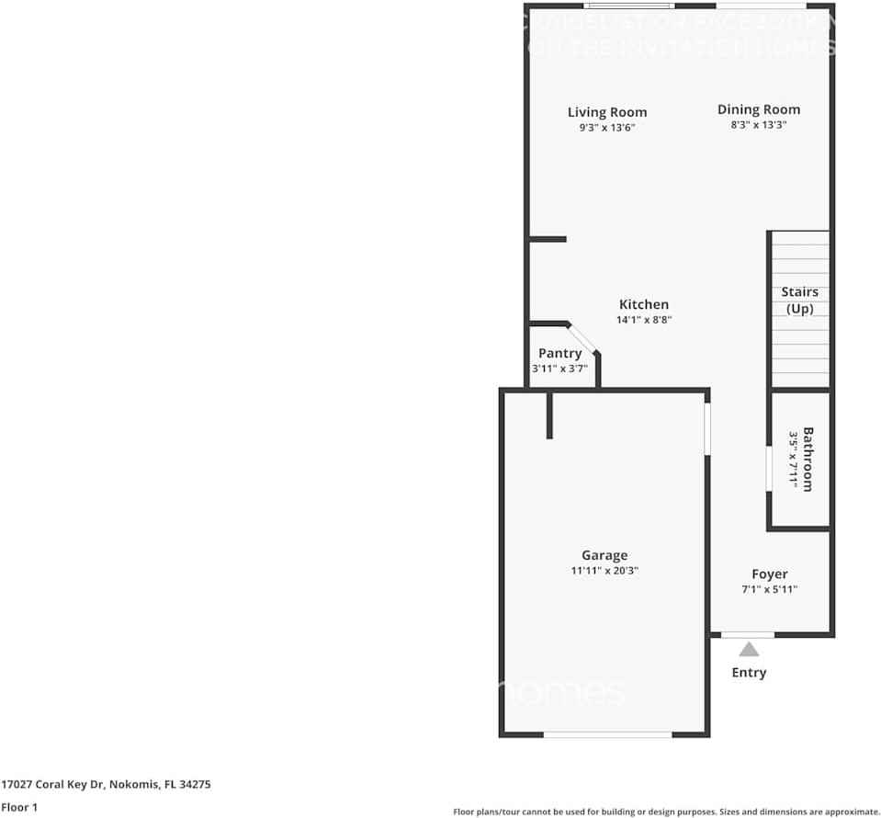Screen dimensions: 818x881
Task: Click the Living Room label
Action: pyautogui.click(x=606, y=113)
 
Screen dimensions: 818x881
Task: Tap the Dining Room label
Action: pyautogui.click(x=758, y=109)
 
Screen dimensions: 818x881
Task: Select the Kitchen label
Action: pyautogui.click(x=643, y=304)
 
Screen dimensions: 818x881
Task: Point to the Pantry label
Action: pyautogui.click(x=559, y=353)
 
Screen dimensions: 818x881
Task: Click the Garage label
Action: pyautogui.click(x=604, y=555)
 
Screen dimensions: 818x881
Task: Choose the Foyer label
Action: pyautogui.click(x=769, y=574)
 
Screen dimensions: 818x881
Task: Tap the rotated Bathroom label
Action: pyautogui.click(x=808, y=459)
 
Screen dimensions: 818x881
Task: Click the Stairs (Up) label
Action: pyautogui.click(x=799, y=301)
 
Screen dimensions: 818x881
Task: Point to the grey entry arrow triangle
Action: pyautogui.click(x=749, y=650)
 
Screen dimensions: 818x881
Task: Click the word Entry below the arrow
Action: pyautogui.click(x=749, y=673)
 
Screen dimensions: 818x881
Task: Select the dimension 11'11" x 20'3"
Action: pyautogui.click(x=604, y=571)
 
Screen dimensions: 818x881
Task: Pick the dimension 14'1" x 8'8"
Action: pyautogui.click(x=643, y=321)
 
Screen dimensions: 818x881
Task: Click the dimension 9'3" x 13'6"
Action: pyautogui.click(x=606, y=129)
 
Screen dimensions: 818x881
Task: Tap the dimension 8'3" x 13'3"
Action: pyautogui.click(x=758, y=125)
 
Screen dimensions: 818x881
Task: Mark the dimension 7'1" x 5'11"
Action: pyautogui.click(x=769, y=590)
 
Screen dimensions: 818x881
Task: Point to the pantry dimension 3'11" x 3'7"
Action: pyautogui.click(x=559, y=369)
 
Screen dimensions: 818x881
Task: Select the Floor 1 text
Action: pyautogui.click(x=19, y=808)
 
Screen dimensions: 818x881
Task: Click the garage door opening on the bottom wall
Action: pyautogui.click(x=606, y=734)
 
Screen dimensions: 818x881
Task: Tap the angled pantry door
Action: pyautogui.click(x=582, y=337)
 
